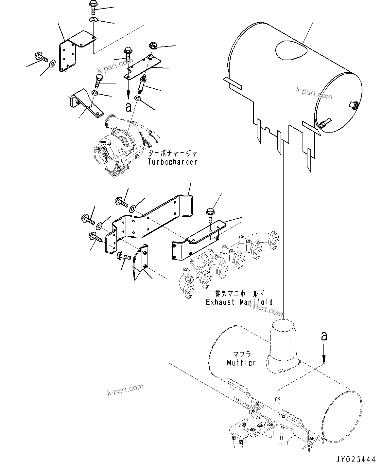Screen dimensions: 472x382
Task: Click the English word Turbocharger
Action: click(x=172, y=162)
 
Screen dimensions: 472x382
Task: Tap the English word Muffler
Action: click(x=241, y=363)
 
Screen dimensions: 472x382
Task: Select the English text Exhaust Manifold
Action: click(x=239, y=302)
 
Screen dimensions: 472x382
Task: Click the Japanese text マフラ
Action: click(x=242, y=354)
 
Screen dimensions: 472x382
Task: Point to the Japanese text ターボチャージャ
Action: click(x=173, y=154)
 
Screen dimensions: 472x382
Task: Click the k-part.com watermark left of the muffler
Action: click(x=125, y=389)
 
